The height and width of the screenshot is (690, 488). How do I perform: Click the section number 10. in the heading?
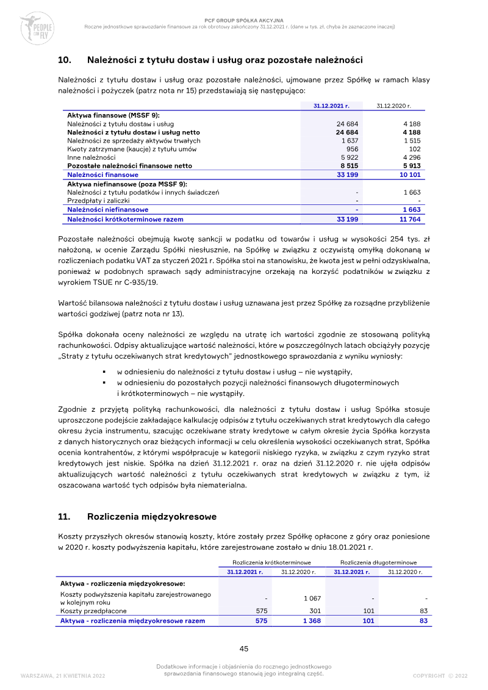pos(65,60)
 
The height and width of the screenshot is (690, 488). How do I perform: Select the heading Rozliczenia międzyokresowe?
pos(152,517)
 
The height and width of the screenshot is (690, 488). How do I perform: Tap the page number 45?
pos(243,649)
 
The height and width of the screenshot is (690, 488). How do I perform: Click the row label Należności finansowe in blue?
pos(102,174)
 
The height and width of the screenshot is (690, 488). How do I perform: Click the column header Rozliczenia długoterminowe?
pos(379,562)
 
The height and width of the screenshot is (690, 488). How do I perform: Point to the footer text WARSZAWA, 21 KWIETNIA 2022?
pos(63,675)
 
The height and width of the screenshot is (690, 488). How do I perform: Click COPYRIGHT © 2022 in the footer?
pos(440,675)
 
